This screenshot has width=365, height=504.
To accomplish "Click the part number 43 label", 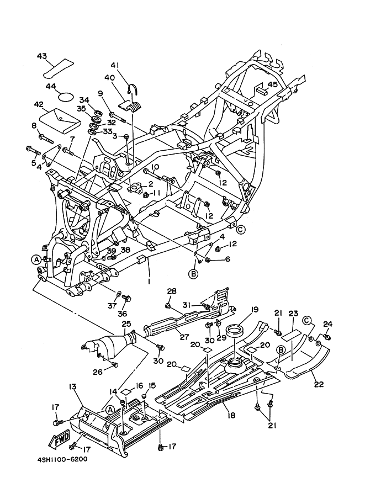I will point(42,56).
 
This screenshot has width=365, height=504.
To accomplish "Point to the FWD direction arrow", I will point(60,440).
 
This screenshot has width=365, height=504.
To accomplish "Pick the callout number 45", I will point(272,84).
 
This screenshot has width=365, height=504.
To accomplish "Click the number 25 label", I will point(126,323).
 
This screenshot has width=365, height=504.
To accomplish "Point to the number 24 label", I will point(328,324).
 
